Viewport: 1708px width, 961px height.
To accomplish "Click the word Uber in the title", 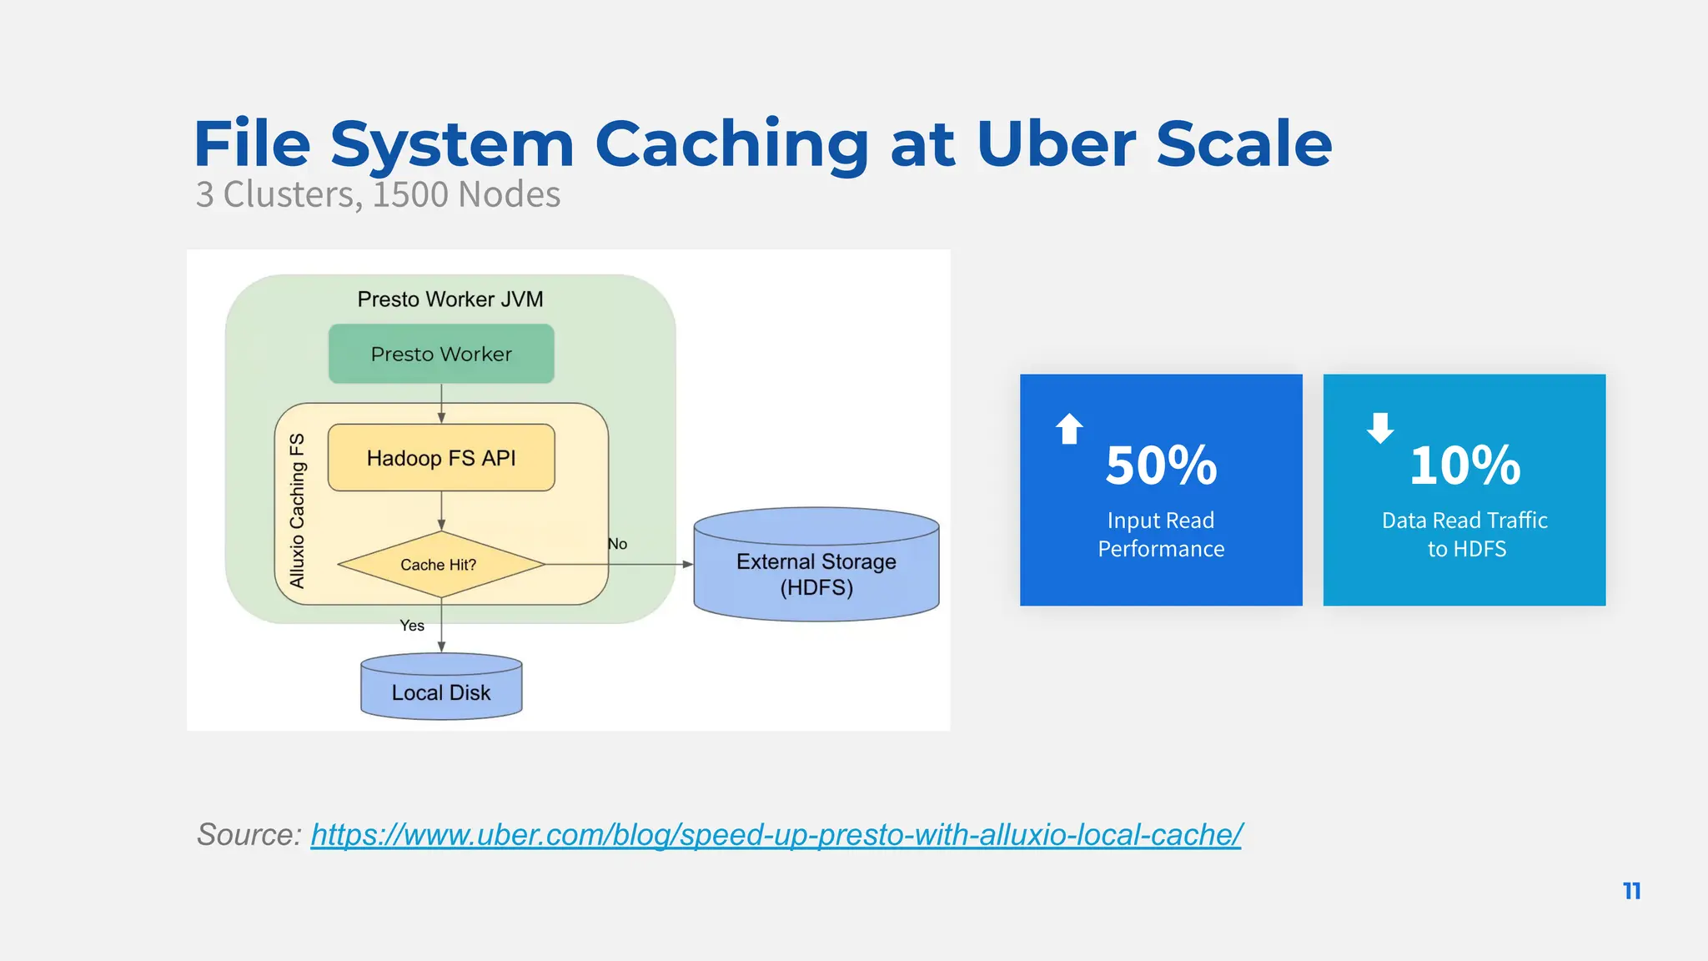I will [1055, 143].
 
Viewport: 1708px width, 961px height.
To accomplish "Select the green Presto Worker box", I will [441, 354].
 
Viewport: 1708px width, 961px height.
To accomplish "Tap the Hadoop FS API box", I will [441, 458].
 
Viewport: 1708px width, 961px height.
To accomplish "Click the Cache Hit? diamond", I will [440, 565].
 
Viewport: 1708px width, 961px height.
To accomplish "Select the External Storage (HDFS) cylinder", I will [816, 574].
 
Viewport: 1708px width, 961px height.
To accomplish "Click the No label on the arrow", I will [617, 544].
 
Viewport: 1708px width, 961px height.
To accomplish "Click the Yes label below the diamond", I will [412, 626].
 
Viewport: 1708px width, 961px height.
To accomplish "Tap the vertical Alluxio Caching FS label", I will [297, 511].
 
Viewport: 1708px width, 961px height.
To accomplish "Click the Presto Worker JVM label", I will [450, 299].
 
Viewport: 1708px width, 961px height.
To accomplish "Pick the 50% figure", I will [1161, 465].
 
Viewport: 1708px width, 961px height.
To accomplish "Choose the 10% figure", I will [1464, 465].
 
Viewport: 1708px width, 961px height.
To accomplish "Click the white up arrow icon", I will [1069, 429].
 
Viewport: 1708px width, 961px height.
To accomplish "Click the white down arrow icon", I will [1380, 427].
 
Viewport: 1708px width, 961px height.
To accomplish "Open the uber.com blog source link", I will [776, 834].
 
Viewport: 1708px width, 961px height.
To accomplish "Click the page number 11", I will [1632, 891].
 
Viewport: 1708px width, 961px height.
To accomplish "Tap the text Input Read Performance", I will [1161, 534].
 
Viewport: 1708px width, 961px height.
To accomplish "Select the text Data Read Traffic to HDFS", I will [1464, 534].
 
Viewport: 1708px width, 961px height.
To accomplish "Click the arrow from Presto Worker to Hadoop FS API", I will [441, 404].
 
